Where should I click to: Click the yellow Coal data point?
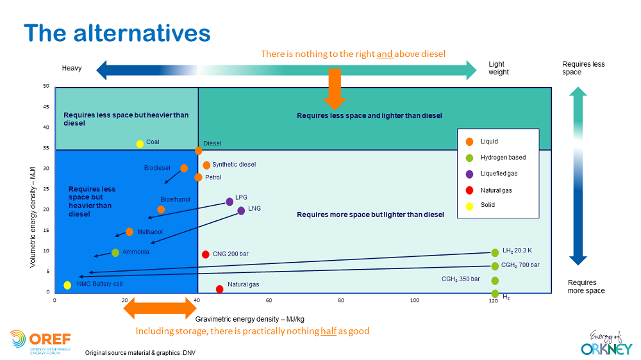140,144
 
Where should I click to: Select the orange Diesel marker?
199,151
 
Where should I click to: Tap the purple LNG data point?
241,210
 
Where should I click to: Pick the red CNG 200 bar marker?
206,254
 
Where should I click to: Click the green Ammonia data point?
115,252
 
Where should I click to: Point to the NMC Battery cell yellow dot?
67,285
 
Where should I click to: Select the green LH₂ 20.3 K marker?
495,252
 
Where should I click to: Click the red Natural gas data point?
220,289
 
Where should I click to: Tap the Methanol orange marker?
129,231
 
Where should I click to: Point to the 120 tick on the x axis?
493,300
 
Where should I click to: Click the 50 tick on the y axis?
46,86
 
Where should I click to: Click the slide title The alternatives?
117,33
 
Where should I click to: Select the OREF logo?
40,341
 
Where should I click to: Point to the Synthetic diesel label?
234,165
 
